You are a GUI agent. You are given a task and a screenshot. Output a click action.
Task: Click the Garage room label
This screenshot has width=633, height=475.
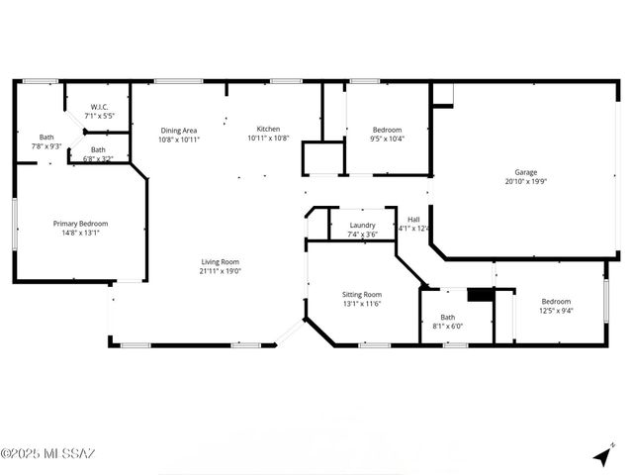pyautogui.click(x=518, y=172)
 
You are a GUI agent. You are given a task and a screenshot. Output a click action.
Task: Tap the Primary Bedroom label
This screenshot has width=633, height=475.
pyautogui.click(x=80, y=224)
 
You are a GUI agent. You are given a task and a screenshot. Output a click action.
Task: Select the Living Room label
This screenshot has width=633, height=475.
pyautogui.click(x=221, y=261)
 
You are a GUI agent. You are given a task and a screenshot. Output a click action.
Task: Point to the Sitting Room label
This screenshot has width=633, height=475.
pyautogui.click(x=362, y=294)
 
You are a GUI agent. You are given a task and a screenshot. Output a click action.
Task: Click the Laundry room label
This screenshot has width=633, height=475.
pyautogui.click(x=362, y=225)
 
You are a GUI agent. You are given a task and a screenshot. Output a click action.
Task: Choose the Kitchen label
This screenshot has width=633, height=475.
pyautogui.click(x=268, y=129)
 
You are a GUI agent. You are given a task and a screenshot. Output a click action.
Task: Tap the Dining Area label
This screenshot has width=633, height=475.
pyautogui.click(x=179, y=130)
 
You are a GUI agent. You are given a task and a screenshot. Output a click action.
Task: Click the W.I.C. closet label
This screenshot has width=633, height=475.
pyautogui.click(x=99, y=107)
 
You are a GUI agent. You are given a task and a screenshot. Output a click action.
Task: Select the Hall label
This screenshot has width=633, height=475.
pyautogui.click(x=413, y=220)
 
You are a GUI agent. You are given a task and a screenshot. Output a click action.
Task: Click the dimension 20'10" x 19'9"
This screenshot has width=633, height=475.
pyautogui.click(x=518, y=182)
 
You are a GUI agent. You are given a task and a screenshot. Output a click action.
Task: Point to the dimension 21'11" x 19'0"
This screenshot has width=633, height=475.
pyautogui.click(x=221, y=271)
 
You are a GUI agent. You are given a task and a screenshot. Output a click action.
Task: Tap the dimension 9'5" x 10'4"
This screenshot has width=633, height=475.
pyautogui.click(x=387, y=140)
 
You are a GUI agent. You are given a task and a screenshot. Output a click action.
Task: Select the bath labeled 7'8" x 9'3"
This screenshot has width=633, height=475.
pyautogui.click(x=46, y=142)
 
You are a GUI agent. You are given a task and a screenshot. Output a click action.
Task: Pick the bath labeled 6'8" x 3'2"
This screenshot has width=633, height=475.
pyautogui.click(x=98, y=153)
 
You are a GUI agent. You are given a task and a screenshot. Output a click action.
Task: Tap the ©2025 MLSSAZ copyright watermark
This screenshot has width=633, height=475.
pyautogui.click(x=47, y=454)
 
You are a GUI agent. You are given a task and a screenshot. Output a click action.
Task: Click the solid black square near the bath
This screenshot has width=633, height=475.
pyautogui.click(x=480, y=295)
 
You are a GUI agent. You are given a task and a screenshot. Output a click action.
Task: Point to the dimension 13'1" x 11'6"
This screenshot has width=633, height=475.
pyautogui.click(x=362, y=304)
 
